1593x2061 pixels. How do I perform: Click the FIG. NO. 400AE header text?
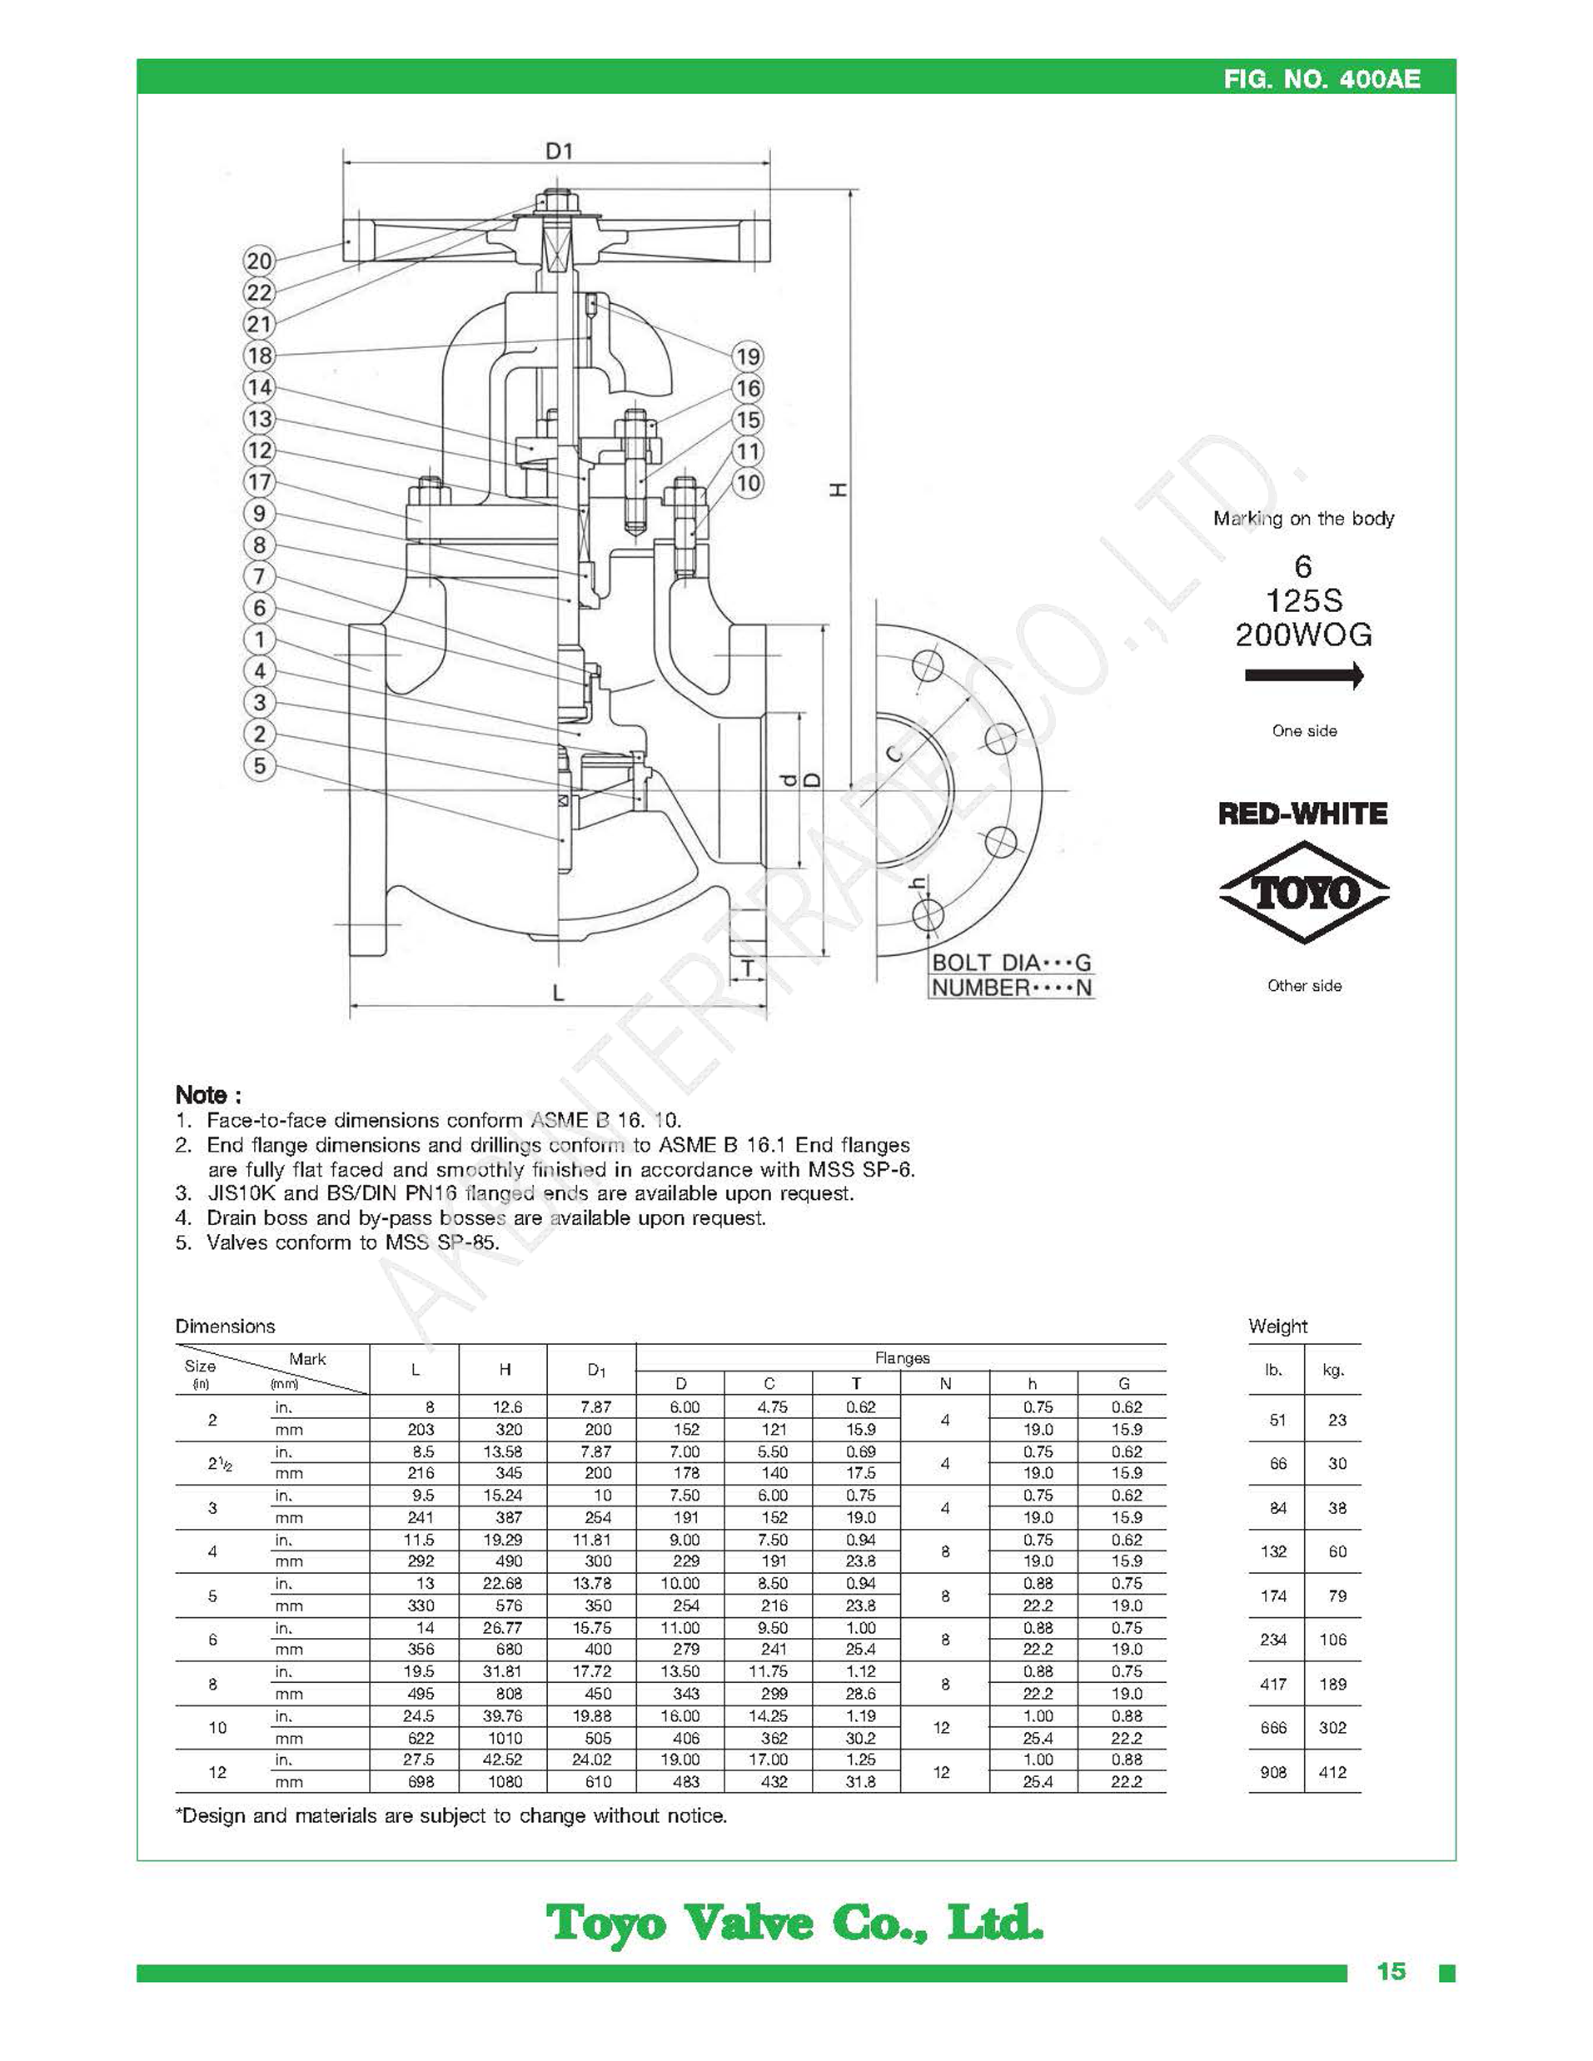click(x=1322, y=78)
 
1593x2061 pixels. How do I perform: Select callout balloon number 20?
click(x=259, y=261)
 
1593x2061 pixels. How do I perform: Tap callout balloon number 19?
click(x=748, y=356)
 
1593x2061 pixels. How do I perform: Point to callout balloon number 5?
click(x=260, y=765)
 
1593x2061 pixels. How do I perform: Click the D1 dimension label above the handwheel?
click(x=559, y=151)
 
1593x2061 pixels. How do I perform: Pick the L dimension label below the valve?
click(x=559, y=993)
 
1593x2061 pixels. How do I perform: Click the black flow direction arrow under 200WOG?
click(x=1304, y=675)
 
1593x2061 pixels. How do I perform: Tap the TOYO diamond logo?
click(x=1304, y=892)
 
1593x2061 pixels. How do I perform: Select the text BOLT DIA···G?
click(x=1011, y=963)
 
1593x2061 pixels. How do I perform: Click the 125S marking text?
click(x=1304, y=601)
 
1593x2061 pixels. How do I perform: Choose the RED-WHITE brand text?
click(x=1302, y=814)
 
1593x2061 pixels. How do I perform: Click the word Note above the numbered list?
click(x=207, y=1095)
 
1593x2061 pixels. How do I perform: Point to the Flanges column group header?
click(x=901, y=1358)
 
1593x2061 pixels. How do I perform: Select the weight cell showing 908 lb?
click(x=1273, y=1772)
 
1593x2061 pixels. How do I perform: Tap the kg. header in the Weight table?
click(x=1332, y=1370)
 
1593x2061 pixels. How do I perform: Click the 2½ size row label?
click(x=220, y=1464)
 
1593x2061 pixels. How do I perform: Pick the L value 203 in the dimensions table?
click(x=420, y=1430)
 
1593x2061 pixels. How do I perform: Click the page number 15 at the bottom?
click(x=1391, y=1971)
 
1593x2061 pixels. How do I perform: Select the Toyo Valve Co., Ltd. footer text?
click(x=794, y=1922)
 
